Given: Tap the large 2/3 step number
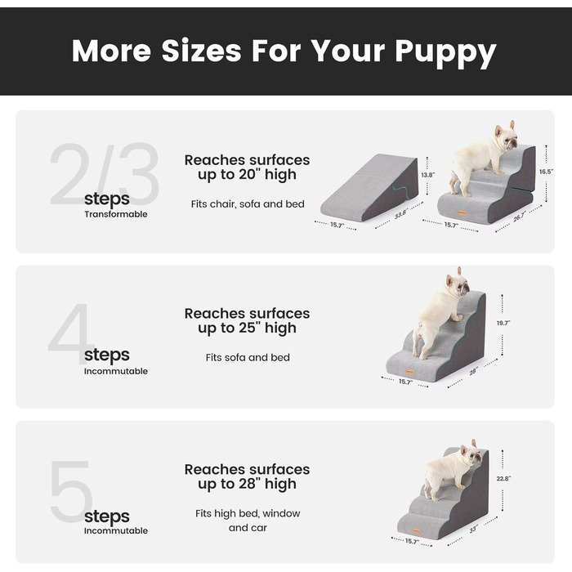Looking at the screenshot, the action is point(105,174).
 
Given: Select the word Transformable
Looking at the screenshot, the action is point(116,214).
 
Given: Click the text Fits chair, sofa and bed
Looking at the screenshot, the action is point(248,204).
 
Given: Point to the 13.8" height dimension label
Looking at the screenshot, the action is point(428,175).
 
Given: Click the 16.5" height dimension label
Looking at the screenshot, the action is point(547,172).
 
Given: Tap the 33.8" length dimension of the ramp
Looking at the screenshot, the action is point(400,214).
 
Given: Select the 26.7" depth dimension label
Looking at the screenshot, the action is point(519,217).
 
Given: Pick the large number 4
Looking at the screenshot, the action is point(70,333).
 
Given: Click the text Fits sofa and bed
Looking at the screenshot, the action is point(248,358).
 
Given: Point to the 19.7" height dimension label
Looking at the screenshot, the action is point(503,323).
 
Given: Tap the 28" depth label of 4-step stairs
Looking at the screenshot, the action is point(473,371).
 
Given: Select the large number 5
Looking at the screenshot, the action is point(71,491).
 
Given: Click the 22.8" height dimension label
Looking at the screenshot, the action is point(504,478).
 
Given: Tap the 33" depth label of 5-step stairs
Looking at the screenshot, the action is point(473,529).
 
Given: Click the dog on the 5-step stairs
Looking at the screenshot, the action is point(451,470).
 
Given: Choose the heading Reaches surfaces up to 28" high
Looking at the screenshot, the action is point(247,476).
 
